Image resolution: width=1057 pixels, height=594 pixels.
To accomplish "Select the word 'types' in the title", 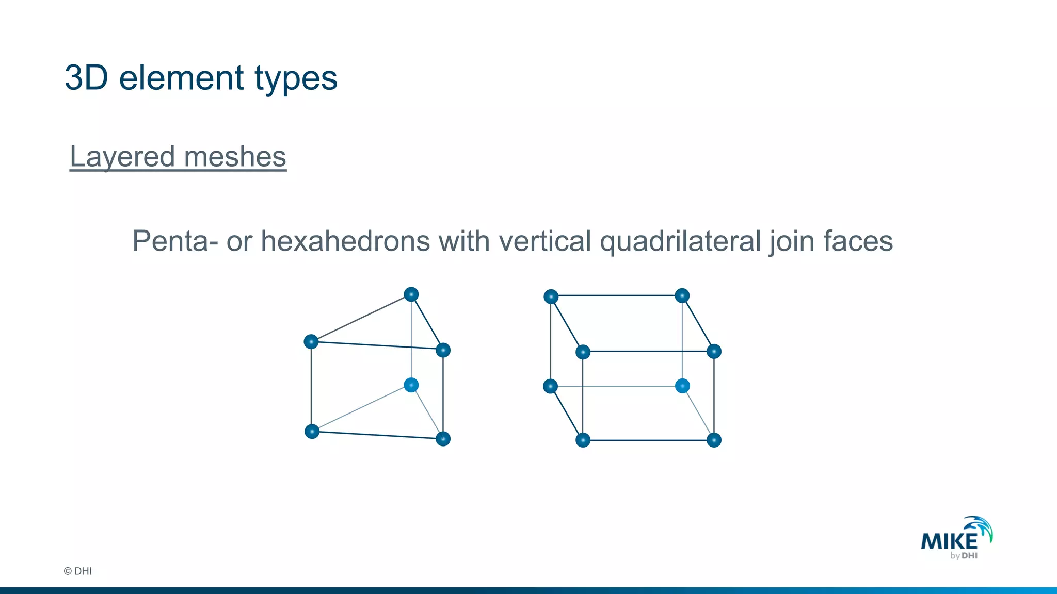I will pyautogui.click(x=296, y=79).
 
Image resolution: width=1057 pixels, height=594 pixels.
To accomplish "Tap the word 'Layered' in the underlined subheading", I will pyautogui.click(x=122, y=157).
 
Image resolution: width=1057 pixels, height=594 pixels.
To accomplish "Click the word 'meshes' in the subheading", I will pyautogui.click(x=235, y=157).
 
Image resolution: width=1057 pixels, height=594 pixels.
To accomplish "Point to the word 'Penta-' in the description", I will pyautogui.click(x=175, y=241).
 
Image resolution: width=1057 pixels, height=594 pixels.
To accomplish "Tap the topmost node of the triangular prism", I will pyautogui.click(x=411, y=294).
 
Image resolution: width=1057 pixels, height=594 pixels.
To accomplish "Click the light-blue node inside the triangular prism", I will pyautogui.click(x=411, y=385).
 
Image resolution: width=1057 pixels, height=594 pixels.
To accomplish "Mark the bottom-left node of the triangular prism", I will pyautogui.click(x=312, y=431).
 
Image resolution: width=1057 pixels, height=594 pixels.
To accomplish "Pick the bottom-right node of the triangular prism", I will pyautogui.click(x=443, y=439).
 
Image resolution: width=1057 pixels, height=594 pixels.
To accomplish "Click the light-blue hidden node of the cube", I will pyautogui.click(x=682, y=386).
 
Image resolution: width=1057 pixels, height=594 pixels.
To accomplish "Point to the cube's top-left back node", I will pyautogui.click(x=551, y=296).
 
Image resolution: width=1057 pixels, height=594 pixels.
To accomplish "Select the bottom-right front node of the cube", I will pyautogui.click(x=714, y=440).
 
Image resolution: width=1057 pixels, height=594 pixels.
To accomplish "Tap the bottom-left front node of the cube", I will pyautogui.click(x=583, y=440).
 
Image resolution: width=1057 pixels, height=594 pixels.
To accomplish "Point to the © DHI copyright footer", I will pyautogui.click(x=77, y=571).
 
